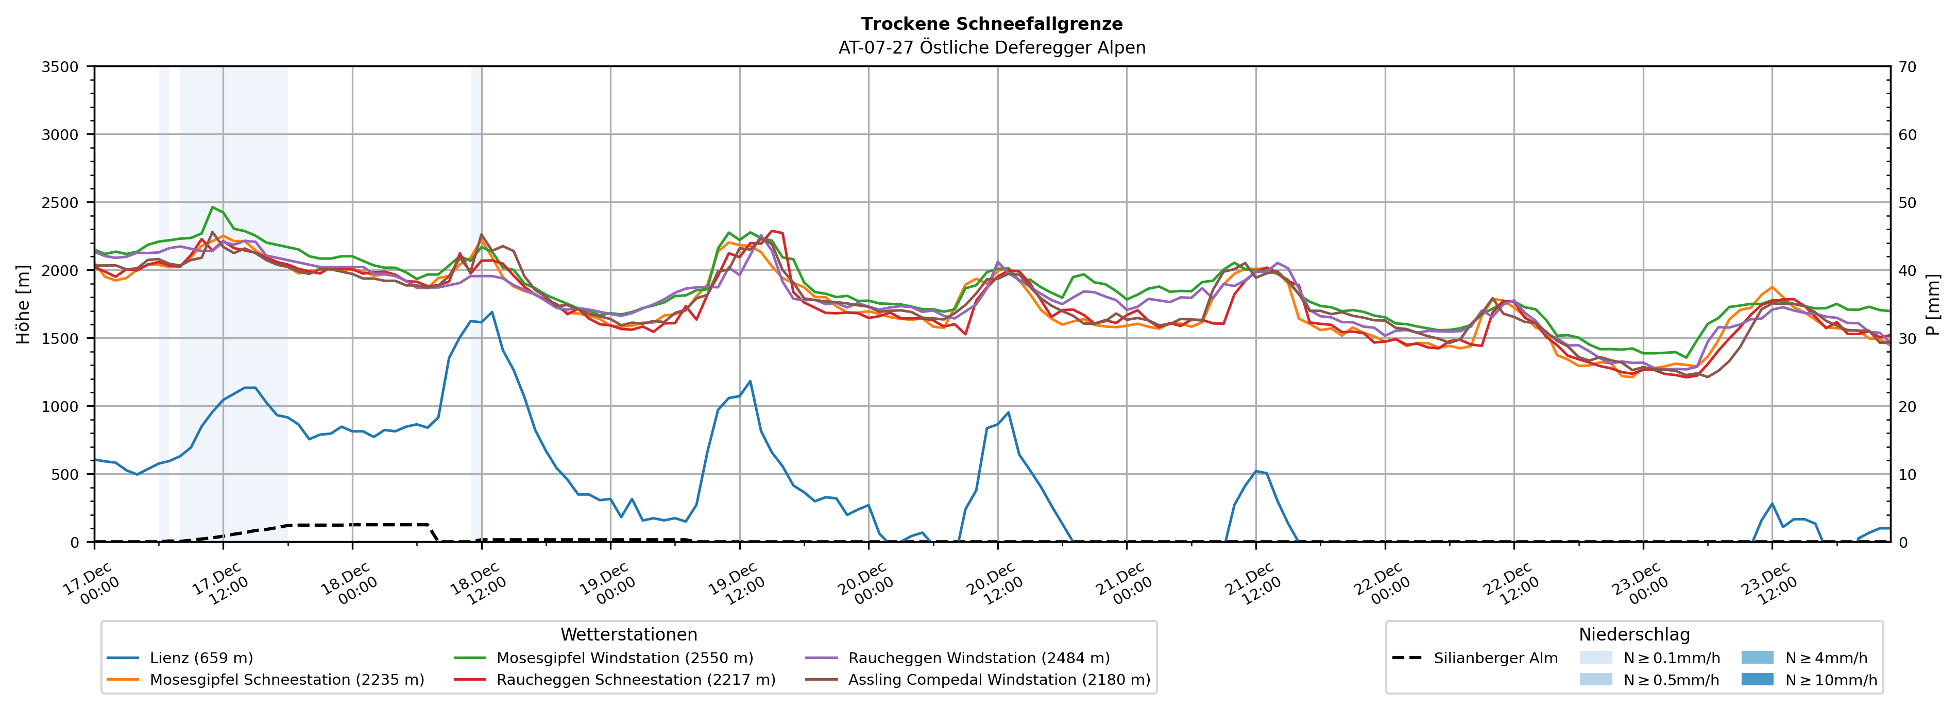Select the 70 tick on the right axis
tap(1907, 67)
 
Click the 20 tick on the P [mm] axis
tap(1907, 407)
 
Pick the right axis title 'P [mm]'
tap(1933, 304)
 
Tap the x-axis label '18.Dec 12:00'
tap(478, 583)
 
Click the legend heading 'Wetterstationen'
tap(628, 634)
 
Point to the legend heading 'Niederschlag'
tap(1634, 634)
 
